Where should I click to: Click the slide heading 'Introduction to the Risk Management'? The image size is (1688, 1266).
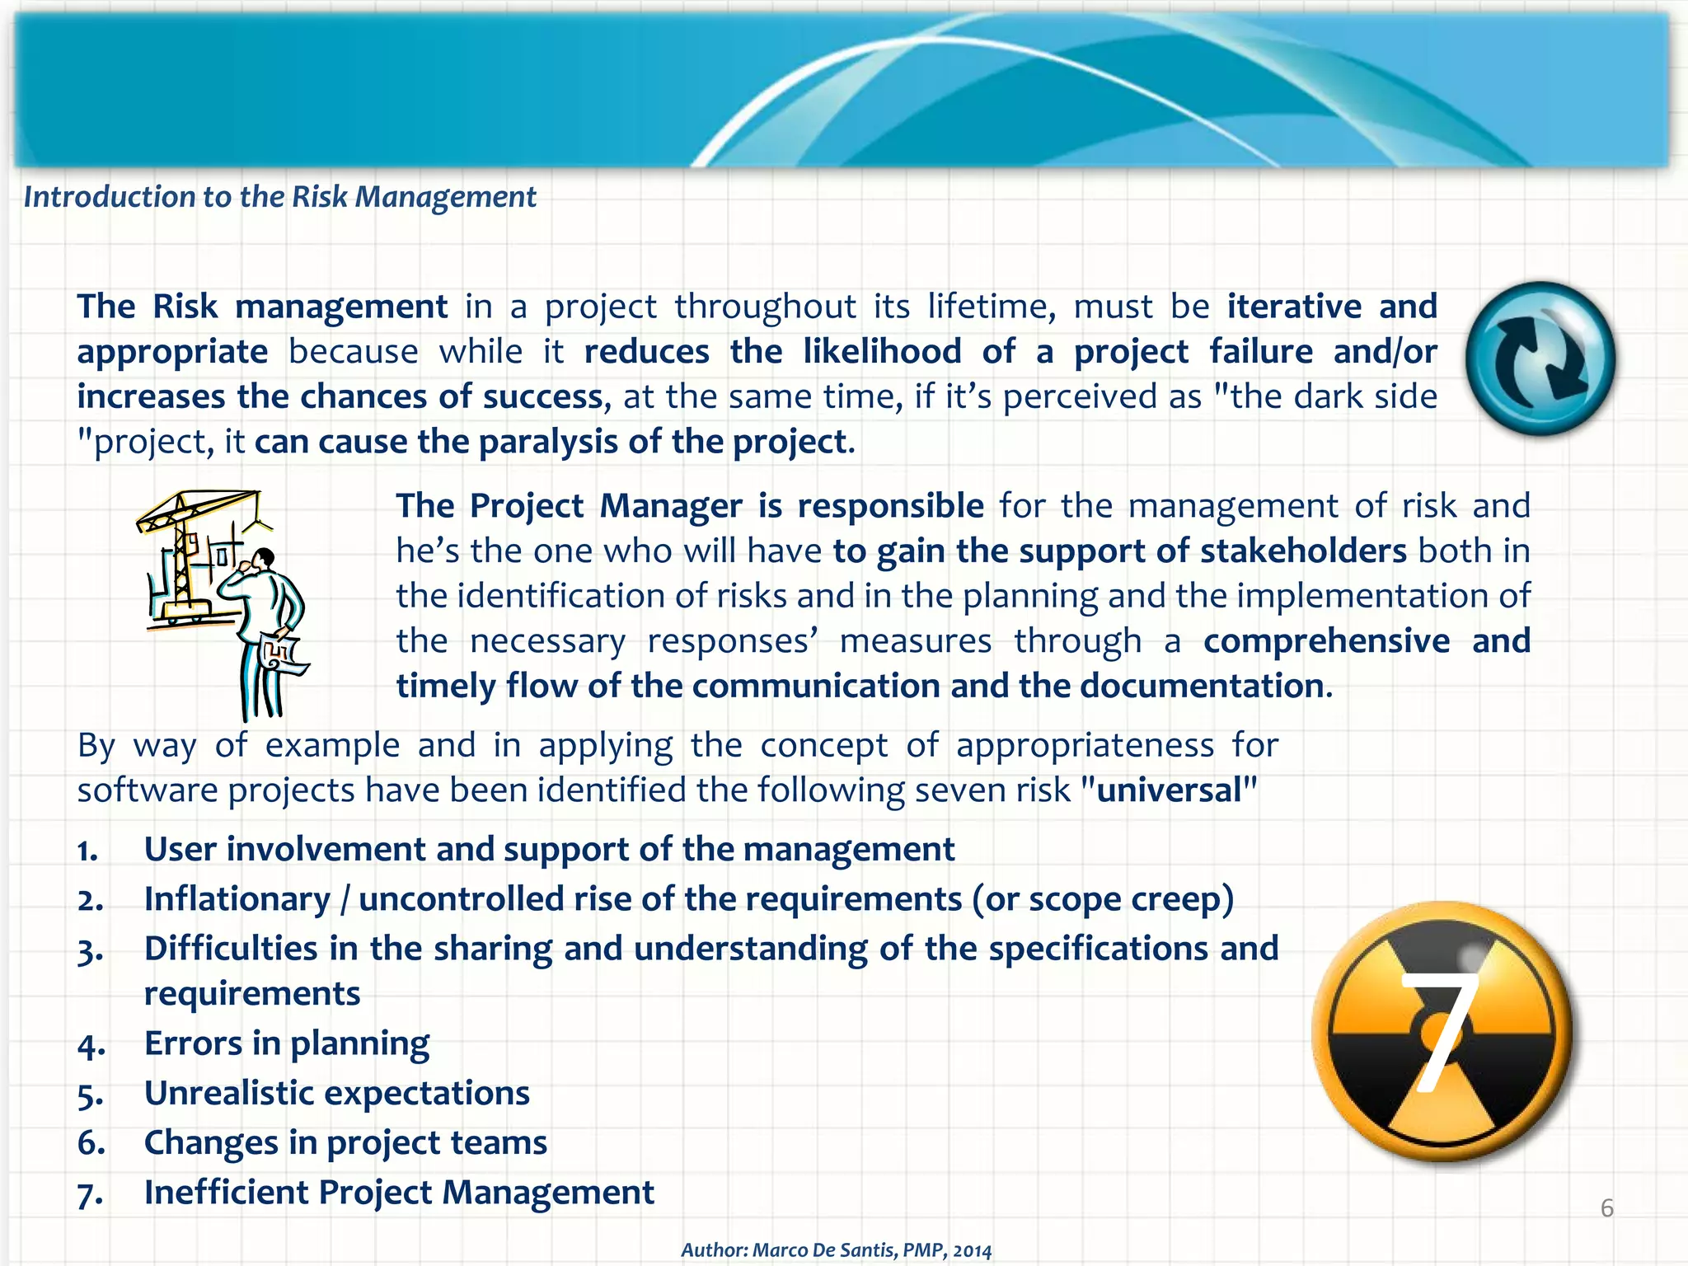(279, 197)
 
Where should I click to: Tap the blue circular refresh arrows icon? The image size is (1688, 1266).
(1540, 359)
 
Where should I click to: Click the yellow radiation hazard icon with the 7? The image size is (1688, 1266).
(1442, 1031)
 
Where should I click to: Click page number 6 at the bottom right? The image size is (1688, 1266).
(1606, 1208)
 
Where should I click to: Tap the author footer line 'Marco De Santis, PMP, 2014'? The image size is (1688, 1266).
(836, 1250)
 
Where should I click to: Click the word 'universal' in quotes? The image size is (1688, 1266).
(1169, 790)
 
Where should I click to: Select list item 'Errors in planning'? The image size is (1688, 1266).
(286, 1043)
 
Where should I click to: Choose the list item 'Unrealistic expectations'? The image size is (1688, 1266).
(336, 1093)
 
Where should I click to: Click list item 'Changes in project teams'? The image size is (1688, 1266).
(345, 1142)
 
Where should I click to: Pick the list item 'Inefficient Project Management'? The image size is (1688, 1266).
(399, 1192)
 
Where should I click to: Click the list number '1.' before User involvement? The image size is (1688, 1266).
(88, 851)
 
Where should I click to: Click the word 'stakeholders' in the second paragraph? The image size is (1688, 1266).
(1303, 551)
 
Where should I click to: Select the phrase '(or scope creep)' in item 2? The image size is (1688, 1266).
(1103, 899)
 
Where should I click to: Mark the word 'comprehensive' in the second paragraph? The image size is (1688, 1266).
(1325, 640)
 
